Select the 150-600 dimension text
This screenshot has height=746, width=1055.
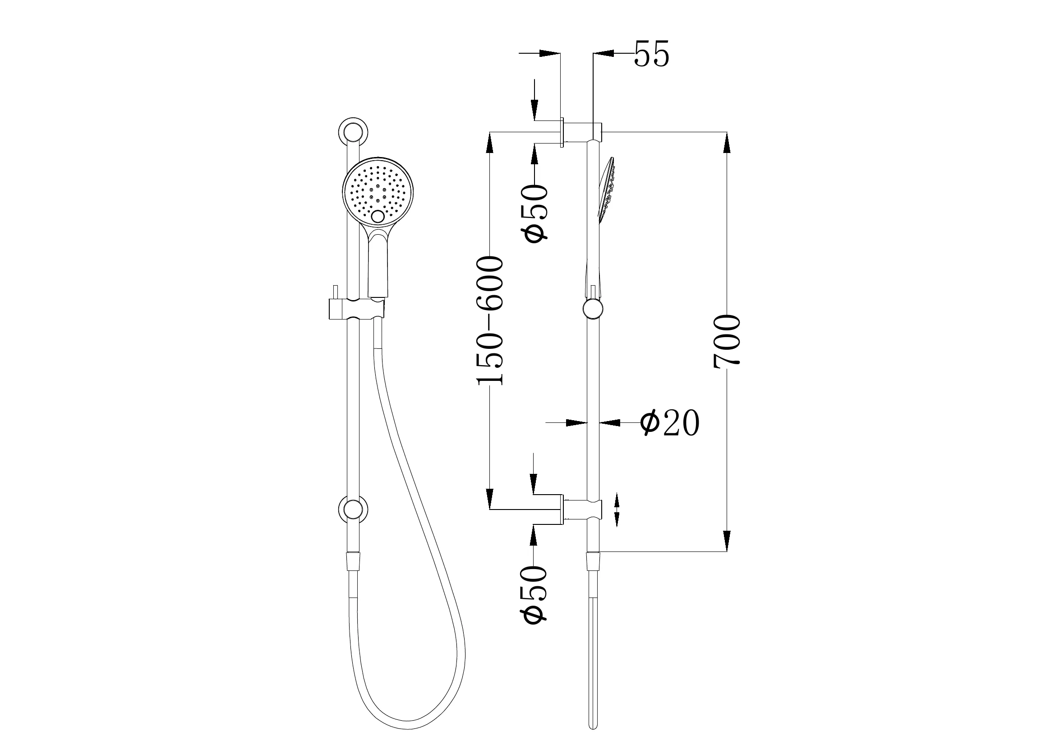490,320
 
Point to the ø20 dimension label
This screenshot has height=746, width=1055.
669,422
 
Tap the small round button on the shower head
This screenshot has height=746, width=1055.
378,217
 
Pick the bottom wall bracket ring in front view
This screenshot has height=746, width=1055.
353,510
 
